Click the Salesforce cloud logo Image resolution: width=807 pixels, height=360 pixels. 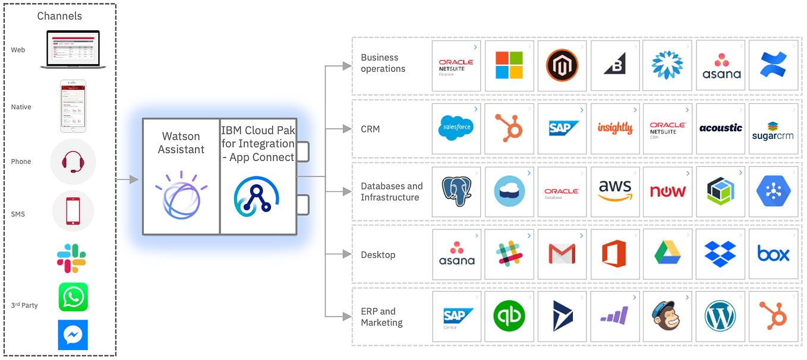tap(456, 128)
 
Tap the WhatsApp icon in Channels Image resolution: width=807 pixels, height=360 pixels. tap(73, 297)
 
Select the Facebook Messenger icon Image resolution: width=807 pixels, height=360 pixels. tap(73, 335)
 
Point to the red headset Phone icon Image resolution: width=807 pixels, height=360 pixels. tap(72, 162)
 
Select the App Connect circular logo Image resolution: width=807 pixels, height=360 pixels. tap(257, 195)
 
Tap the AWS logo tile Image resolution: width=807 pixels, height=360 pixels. tap(615, 191)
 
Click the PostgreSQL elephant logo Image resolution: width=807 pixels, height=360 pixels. tap(456, 191)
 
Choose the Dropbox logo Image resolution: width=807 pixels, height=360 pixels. tap(720, 254)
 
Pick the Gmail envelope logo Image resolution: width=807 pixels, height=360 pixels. tap(562, 254)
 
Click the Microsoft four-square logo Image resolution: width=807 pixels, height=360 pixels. tap(509, 65)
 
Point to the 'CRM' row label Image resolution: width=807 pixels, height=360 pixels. tap(370, 129)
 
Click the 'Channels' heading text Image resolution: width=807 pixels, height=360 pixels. tap(59, 16)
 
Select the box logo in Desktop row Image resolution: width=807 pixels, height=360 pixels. tap(773, 254)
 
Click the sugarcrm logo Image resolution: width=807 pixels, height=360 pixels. tap(773, 129)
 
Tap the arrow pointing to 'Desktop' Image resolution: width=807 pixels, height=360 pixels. tap(347, 254)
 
